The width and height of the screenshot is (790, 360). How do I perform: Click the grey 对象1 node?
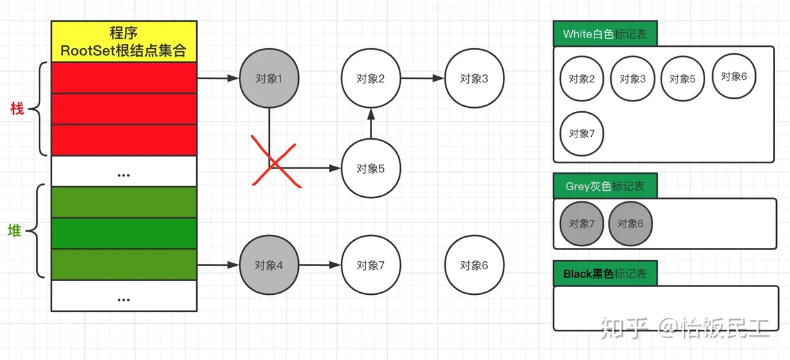(269, 79)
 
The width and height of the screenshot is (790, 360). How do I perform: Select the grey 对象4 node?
(269, 265)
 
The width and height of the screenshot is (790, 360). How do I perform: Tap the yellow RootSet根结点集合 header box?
(124, 41)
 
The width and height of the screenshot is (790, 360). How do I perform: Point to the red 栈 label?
(17, 109)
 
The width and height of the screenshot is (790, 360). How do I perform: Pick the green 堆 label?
(14, 230)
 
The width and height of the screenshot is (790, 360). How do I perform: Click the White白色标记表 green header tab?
(605, 34)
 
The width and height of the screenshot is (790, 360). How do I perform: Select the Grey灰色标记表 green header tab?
(605, 186)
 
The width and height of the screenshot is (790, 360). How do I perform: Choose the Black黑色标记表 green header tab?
(605, 274)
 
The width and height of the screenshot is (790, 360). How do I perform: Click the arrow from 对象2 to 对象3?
(422, 78)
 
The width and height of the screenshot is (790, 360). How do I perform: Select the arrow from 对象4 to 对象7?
(320, 265)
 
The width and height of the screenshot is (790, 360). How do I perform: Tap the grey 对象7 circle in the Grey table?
(581, 223)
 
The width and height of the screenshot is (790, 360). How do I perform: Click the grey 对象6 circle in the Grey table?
(631, 223)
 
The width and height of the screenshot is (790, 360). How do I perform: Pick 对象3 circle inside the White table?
(633, 79)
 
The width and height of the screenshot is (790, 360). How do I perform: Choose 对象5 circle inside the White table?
(683, 79)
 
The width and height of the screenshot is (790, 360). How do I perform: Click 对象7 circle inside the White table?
(581, 134)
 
